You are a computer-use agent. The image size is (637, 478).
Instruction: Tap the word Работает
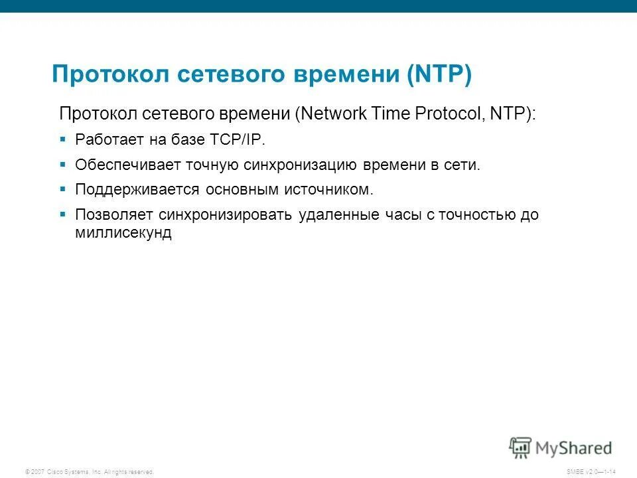(106, 140)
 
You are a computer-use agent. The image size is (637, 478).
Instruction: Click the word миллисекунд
(123, 234)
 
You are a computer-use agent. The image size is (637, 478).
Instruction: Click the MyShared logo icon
(520, 447)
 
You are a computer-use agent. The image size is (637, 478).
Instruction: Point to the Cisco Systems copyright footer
(89, 471)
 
